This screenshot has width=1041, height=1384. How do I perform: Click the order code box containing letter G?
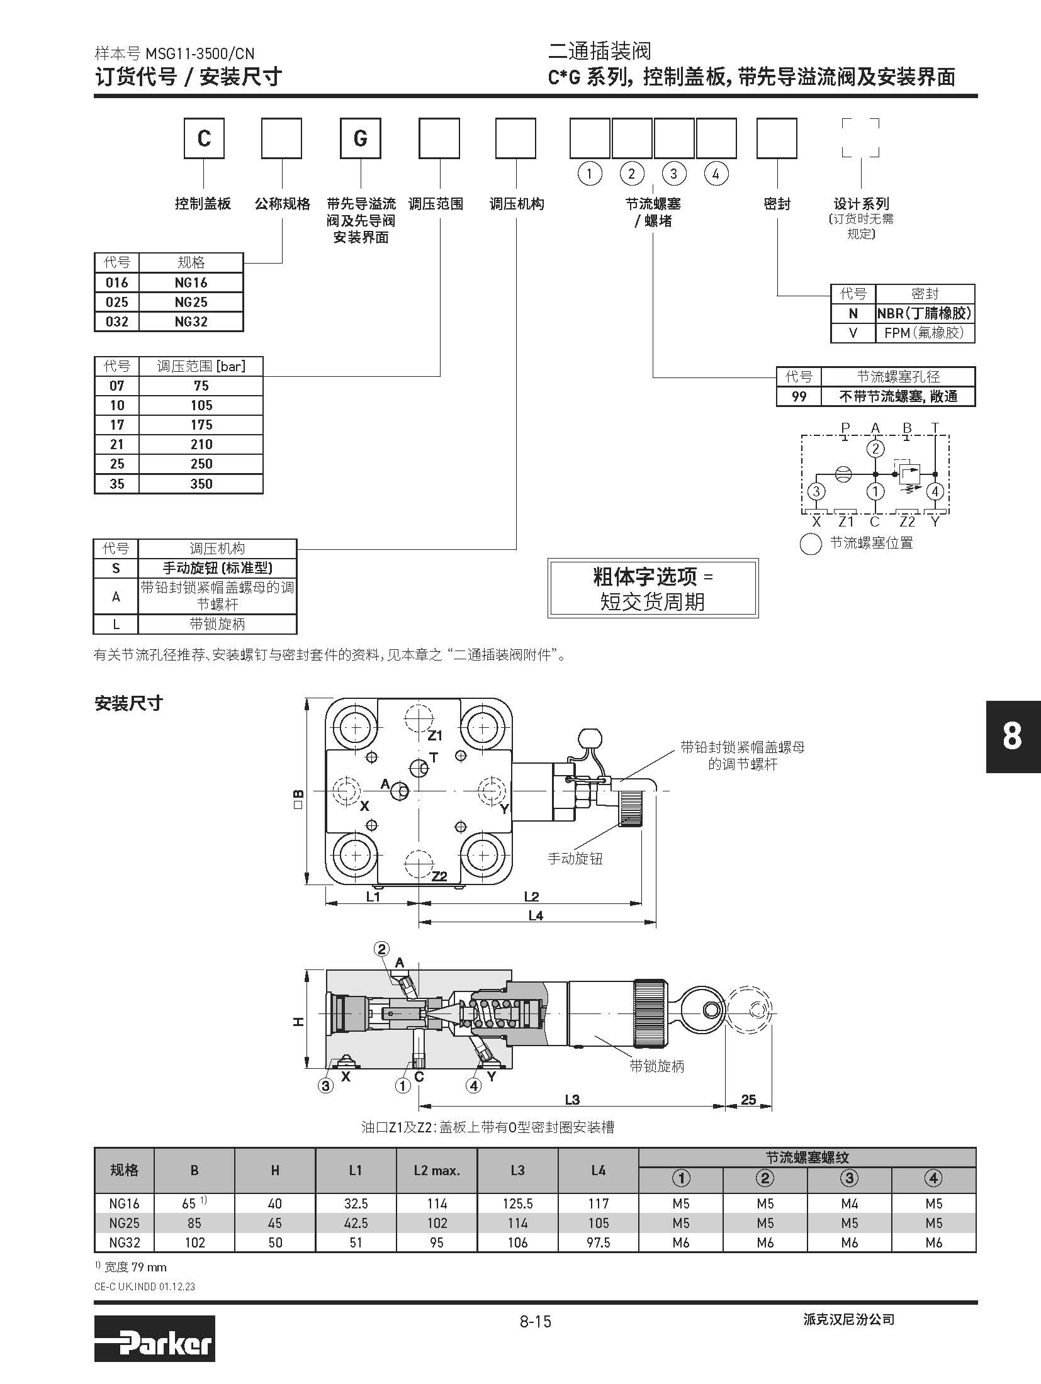(361, 138)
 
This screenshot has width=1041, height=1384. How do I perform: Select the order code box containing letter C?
(204, 138)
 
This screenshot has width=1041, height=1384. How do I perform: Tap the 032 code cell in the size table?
(117, 321)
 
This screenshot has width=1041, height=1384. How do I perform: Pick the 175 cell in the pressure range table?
(201, 425)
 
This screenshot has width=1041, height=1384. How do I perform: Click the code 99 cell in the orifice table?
(799, 397)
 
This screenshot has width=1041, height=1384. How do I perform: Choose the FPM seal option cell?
(925, 333)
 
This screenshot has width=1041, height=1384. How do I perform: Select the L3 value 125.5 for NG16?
(518, 1203)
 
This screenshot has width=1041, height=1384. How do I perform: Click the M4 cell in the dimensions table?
(850, 1203)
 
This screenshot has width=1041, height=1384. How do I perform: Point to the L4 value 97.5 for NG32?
(599, 1242)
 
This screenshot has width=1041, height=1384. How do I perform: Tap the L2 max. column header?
(437, 1171)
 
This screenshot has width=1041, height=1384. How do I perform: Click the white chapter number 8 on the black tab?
(1012, 736)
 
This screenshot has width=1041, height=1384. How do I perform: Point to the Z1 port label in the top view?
(435, 735)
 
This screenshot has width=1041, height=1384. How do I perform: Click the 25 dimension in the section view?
(748, 1100)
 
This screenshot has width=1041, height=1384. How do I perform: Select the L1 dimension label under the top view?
(373, 896)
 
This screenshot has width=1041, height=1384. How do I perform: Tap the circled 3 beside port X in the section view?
(326, 1085)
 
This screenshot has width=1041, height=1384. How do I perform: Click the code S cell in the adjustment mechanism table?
(116, 568)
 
